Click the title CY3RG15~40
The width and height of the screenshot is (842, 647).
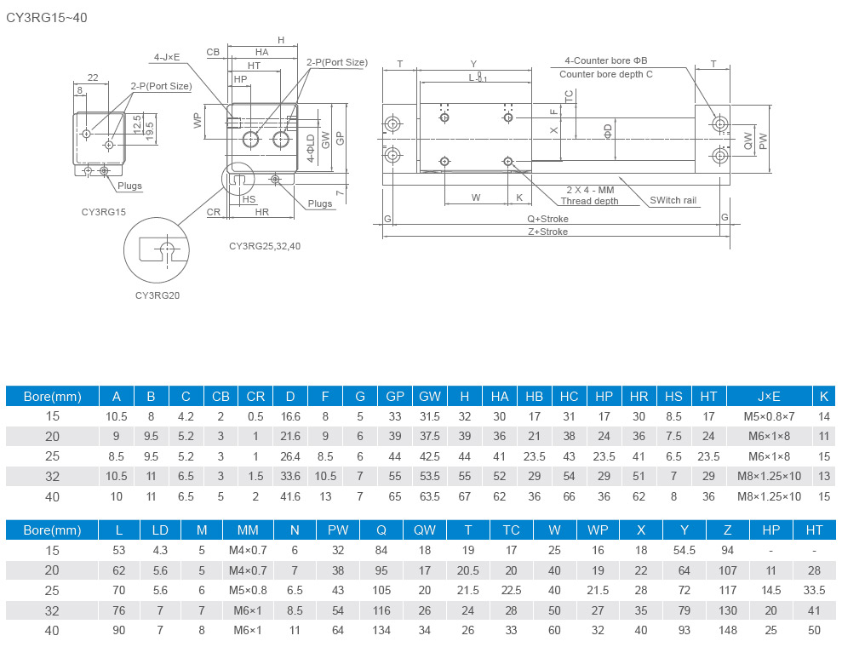(x=47, y=16)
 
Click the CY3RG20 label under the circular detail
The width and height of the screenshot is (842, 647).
(x=158, y=295)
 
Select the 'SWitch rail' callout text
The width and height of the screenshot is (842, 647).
(x=673, y=201)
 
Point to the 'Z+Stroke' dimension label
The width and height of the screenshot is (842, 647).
(x=547, y=232)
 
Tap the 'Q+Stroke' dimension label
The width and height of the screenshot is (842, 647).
(x=547, y=218)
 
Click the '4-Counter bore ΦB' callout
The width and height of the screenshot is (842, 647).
(x=605, y=60)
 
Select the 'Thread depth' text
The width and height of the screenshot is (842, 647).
(x=589, y=202)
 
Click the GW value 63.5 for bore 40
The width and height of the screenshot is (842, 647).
(x=430, y=496)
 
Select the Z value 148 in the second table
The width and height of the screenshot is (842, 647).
(x=726, y=630)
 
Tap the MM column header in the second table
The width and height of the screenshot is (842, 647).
(x=248, y=530)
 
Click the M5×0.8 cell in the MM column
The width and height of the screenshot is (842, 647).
(x=248, y=590)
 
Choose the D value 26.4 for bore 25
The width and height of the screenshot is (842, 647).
(x=290, y=456)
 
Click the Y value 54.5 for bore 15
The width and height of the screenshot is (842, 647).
(x=684, y=550)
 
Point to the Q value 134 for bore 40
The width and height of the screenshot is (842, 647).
(x=381, y=630)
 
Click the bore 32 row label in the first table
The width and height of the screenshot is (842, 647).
(x=52, y=477)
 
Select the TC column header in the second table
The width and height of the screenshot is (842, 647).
(x=511, y=530)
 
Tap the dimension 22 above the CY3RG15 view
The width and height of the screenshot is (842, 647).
(x=92, y=77)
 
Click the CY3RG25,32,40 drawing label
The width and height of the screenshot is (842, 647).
(x=265, y=246)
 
